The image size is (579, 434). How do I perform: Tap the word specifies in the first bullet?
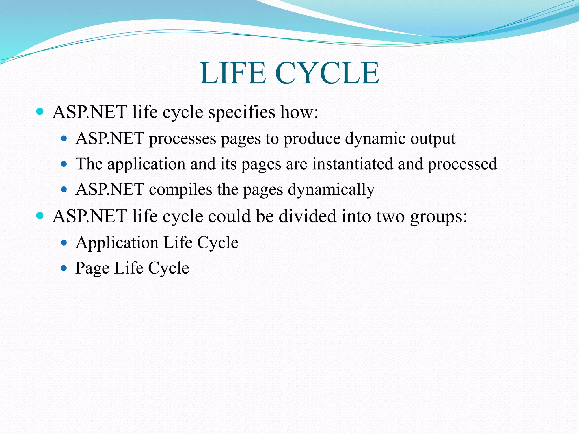(242, 112)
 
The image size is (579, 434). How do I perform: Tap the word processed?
(462, 164)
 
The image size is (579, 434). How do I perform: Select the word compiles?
(180, 189)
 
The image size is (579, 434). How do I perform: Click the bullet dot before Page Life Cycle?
(64, 268)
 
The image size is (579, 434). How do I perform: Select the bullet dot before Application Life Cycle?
(64, 242)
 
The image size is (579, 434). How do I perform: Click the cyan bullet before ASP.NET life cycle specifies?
(40, 112)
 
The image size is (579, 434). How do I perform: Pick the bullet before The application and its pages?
(64, 164)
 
